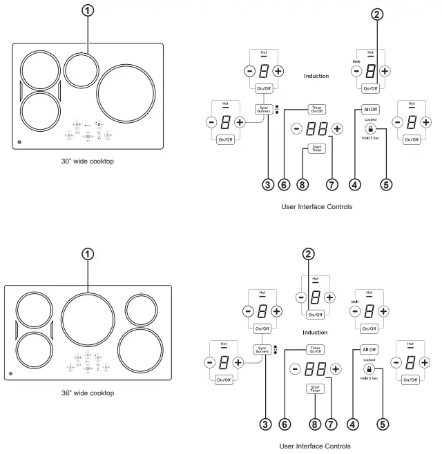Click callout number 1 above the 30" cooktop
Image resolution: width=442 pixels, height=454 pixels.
87,11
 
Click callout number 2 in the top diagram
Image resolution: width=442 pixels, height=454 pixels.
376,14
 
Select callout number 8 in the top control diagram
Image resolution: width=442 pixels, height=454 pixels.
301,184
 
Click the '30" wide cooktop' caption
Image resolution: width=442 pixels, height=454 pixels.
87,161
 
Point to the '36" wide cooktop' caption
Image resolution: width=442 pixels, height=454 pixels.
87,393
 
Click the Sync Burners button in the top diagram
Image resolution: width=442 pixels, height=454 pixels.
263,110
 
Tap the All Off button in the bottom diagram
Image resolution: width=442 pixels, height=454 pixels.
369,350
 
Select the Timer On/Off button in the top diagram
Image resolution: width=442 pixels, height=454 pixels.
317,110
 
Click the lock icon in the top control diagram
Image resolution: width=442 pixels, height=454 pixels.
371,129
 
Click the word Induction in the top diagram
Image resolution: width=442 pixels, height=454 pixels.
316,76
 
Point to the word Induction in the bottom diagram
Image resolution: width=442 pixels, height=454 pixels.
315,333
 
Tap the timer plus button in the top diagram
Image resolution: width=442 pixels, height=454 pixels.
337,128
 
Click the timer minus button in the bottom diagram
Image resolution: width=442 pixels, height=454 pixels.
295,368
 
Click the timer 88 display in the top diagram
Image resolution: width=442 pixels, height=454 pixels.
316,128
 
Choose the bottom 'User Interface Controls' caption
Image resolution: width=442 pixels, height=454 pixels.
316,446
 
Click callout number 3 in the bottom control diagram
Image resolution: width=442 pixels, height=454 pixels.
265,425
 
